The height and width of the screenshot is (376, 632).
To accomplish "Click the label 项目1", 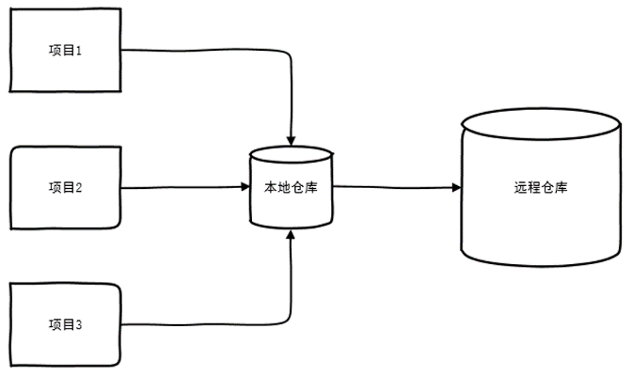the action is click(x=65, y=51).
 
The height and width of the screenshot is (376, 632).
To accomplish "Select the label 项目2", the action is click(x=65, y=187).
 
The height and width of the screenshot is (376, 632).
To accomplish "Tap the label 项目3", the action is click(x=65, y=324).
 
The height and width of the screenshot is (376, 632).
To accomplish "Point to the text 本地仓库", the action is click(x=291, y=187).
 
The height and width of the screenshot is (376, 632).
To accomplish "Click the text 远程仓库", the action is click(x=541, y=187).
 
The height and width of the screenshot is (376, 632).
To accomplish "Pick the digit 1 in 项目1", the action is click(x=78, y=51).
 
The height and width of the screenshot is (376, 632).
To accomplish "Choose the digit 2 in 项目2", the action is click(x=78, y=188).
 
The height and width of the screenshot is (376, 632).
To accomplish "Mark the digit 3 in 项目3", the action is click(x=78, y=325).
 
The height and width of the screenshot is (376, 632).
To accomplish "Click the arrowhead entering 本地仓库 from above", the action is click(x=291, y=141).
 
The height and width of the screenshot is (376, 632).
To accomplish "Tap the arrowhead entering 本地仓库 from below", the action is click(x=291, y=235).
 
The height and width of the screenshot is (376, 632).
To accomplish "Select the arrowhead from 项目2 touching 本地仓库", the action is click(x=245, y=186).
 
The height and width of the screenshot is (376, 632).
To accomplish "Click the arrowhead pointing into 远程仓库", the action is click(x=456, y=187).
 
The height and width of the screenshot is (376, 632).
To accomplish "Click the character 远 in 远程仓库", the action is click(x=520, y=187).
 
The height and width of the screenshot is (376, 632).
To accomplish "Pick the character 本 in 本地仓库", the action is click(x=271, y=187).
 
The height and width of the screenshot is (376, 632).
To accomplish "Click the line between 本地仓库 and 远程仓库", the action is click(x=393, y=187).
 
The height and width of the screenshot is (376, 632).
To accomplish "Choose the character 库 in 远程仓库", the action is click(x=561, y=187).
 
